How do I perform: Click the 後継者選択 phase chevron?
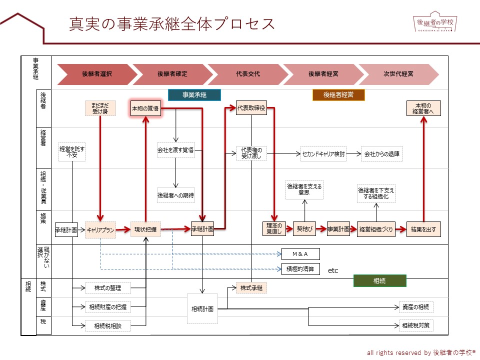pyautogui.click(x=96, y=74)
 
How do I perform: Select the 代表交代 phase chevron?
pyautogui.click(x=248, y=74)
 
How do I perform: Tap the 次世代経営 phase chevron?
pyautogui.click(x=398, y=74)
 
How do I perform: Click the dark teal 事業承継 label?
pyautogui.click(x=194, y=95)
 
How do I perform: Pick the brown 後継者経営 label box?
pyautogui.click(x=338, y=95)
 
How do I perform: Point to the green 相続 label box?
pyautogui.click(x=379, y=281)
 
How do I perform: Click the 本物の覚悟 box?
pyautogui.click(x=145, y=108)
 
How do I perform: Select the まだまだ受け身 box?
pyautogui.click(x=100, y=108)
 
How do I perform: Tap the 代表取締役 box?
pyautogui.click(x=251, y=108)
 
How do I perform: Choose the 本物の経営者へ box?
pyautogui.click(x=423, y=108)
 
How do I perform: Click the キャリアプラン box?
pyautogui.click(x=100, y=230)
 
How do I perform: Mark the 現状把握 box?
pyautogui.click(x=145, y=230)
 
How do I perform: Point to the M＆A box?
pyautogui.click(x=300, y=254)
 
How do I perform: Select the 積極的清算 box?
pyautogui.click(x=300, y=268)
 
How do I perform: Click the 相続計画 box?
pyautogui.click(x=202, y=308)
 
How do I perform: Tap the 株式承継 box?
pyautogui.click(x=251, y=288)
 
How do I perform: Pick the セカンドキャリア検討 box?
pyautogui.click(x=323, y=153)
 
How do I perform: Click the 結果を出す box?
pyautogui.click(x=423, y=230)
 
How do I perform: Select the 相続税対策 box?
pyautogui.click(x=416, y=325)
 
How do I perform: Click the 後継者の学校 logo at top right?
pyautogui.click(x=436, y=22)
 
